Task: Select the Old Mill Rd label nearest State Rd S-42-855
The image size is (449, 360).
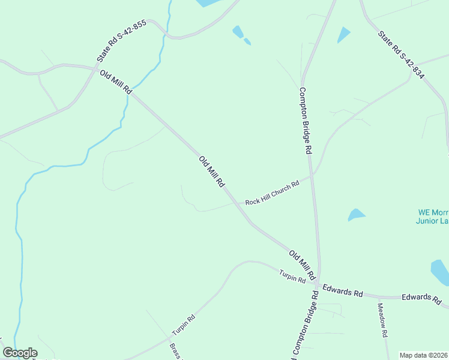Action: [116, 82]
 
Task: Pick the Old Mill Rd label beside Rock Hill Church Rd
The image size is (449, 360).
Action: [212, 172]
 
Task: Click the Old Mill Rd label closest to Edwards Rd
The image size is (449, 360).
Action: [302, 265]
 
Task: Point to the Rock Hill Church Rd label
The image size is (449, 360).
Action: [272, 194]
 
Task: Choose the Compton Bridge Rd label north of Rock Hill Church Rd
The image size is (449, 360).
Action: [307, 121]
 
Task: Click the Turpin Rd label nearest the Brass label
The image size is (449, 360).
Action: [184, 325]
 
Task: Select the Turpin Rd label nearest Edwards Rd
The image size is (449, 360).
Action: [292, 277]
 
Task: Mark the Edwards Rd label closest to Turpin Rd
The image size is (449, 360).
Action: [343, 290]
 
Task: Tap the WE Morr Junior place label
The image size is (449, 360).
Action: [432, 217]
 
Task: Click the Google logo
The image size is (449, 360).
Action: [20, 353]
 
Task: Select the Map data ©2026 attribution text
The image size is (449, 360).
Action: [423, 355]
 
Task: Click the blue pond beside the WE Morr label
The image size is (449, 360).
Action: [356, 214]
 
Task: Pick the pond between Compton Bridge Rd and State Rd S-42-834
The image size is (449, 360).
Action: [344, 35]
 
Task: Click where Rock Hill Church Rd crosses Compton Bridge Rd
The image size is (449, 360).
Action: [312, 176]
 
